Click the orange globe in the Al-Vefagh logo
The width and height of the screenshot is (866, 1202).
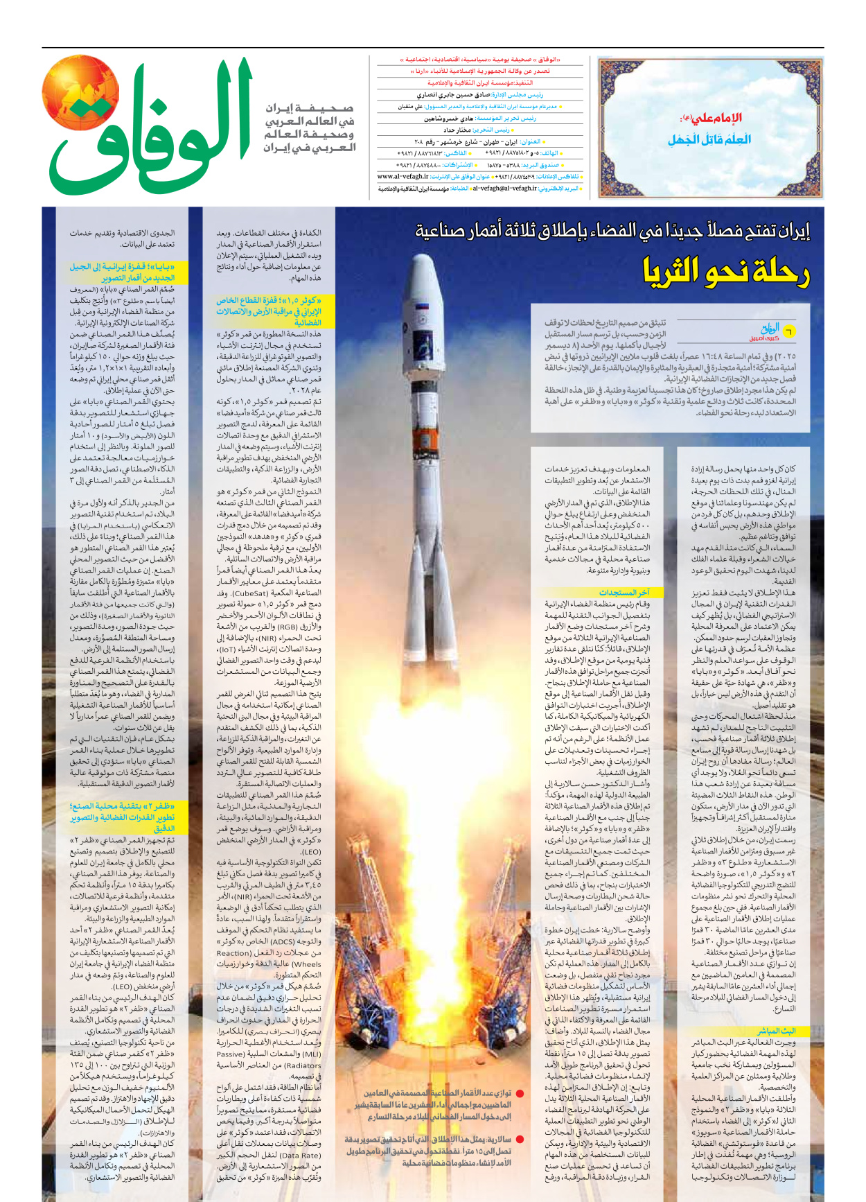click(80, 93)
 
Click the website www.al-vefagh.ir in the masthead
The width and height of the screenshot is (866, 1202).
click(403, 177)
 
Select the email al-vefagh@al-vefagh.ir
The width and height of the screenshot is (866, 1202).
click(504, 188)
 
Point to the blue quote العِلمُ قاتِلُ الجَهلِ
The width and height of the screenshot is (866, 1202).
click(709, 139)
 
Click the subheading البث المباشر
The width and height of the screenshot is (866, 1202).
click(776, 1031)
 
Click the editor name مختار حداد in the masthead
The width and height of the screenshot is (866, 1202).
click(457, 130)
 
